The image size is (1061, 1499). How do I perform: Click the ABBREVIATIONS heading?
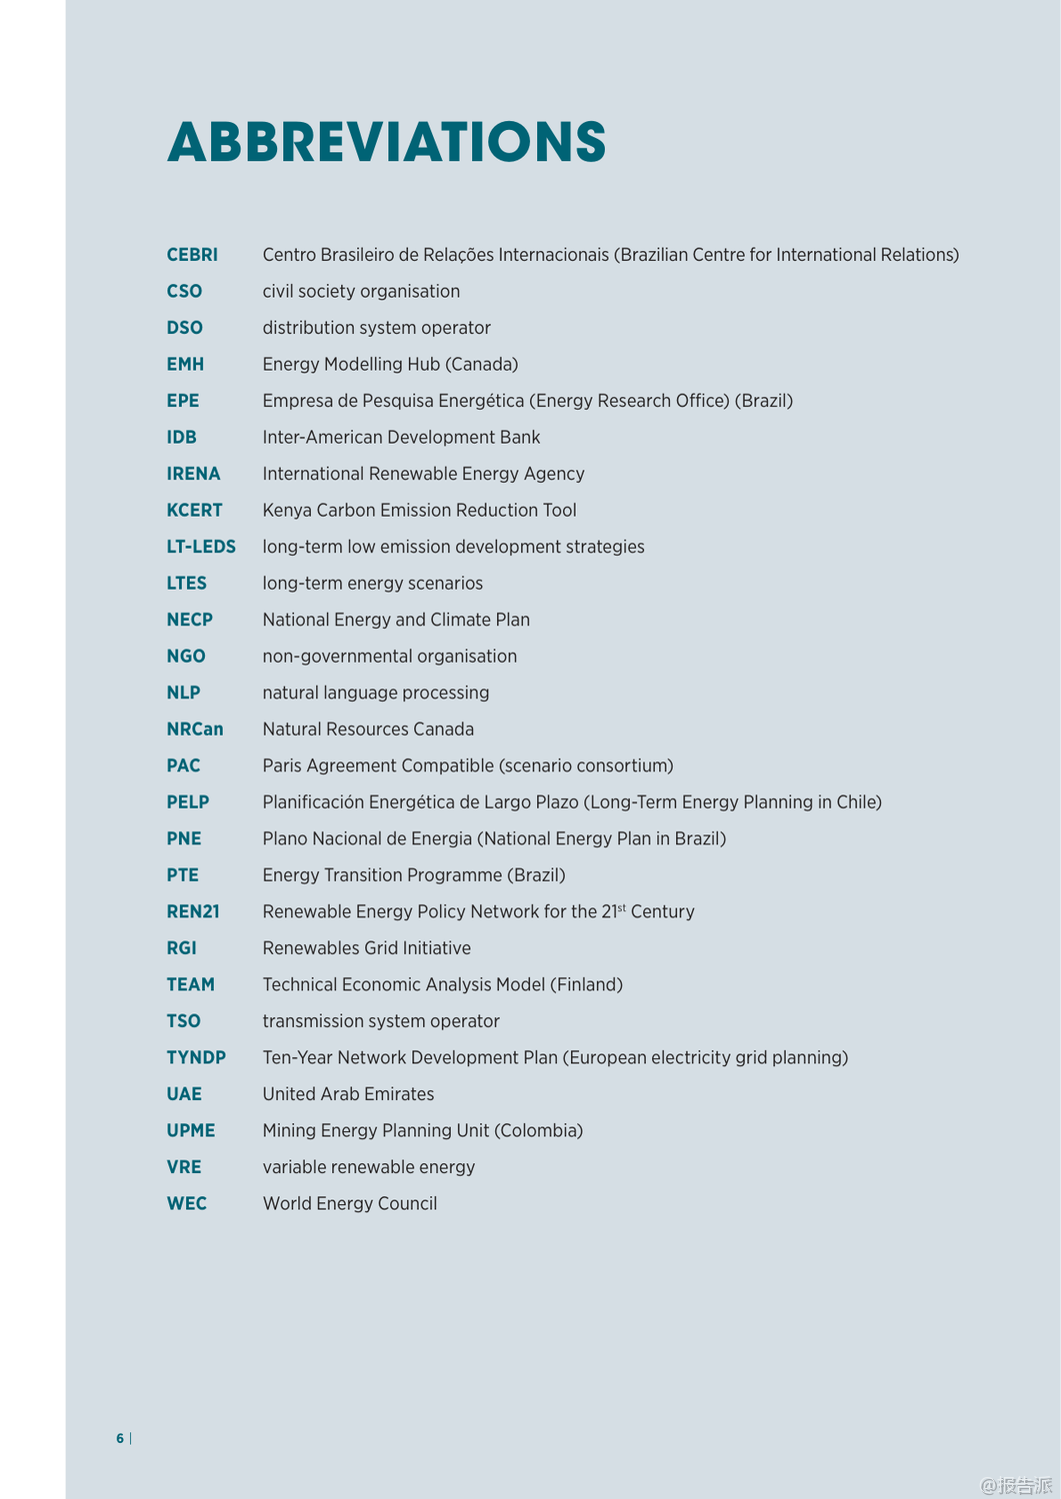pos(386,142)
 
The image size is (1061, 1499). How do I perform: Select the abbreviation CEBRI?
pos(192,255)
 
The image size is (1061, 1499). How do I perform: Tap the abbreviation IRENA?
pos(193,474)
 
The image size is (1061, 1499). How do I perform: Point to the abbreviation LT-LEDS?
pos(201,547)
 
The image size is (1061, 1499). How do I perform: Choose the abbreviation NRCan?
pos(195,730)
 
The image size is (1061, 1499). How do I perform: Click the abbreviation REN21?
pos(193,911)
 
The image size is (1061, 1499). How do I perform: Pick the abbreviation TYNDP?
pos(196,1057)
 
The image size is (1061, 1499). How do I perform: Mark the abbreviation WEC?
pos(187,1203)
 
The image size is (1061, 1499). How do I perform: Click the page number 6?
pos(120,1438)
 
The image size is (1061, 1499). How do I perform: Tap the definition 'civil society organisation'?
pos(361,292)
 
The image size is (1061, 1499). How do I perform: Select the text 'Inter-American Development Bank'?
pos(401,438)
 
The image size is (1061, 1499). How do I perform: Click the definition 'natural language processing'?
pos(376,693)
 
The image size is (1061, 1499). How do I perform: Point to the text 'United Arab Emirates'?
pos(348,1094)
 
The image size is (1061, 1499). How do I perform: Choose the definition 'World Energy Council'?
pos(350,1203)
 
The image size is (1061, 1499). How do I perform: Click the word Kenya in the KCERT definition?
pos(287,511)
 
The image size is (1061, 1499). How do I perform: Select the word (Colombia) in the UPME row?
pos(538,1130)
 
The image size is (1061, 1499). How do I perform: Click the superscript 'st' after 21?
pos(621,907)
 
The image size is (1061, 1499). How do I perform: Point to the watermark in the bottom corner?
pos(1016,1485)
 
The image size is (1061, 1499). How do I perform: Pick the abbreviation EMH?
pos(185,365)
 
